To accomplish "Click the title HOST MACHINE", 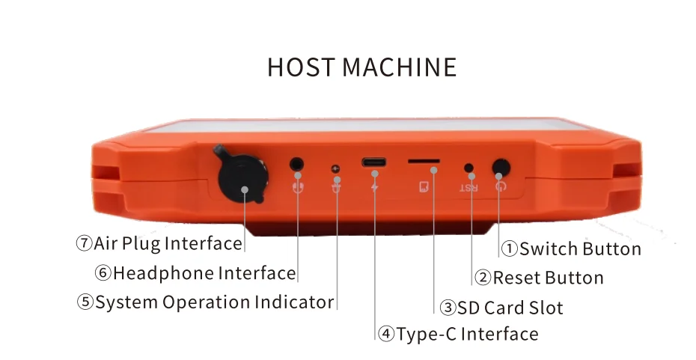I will pos(361,67).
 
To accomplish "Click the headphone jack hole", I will pos(298,163).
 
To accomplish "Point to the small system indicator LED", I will pos(336,168).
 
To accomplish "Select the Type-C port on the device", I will pos(374,162).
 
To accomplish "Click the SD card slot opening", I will pos(423,162).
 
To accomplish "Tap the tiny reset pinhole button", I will pos(469,168).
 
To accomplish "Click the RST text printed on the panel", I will pos(468,185).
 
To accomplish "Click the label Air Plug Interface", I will pos(168,244).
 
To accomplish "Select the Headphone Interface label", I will pos(204,273).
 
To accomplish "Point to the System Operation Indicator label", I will pos(214,302).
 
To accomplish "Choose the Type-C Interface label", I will pos(467,334).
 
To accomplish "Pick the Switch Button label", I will pos(580,249).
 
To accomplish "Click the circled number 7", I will pos(84,244).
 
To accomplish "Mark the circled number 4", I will pos(386,334).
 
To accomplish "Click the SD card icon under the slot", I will pos(423,186).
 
